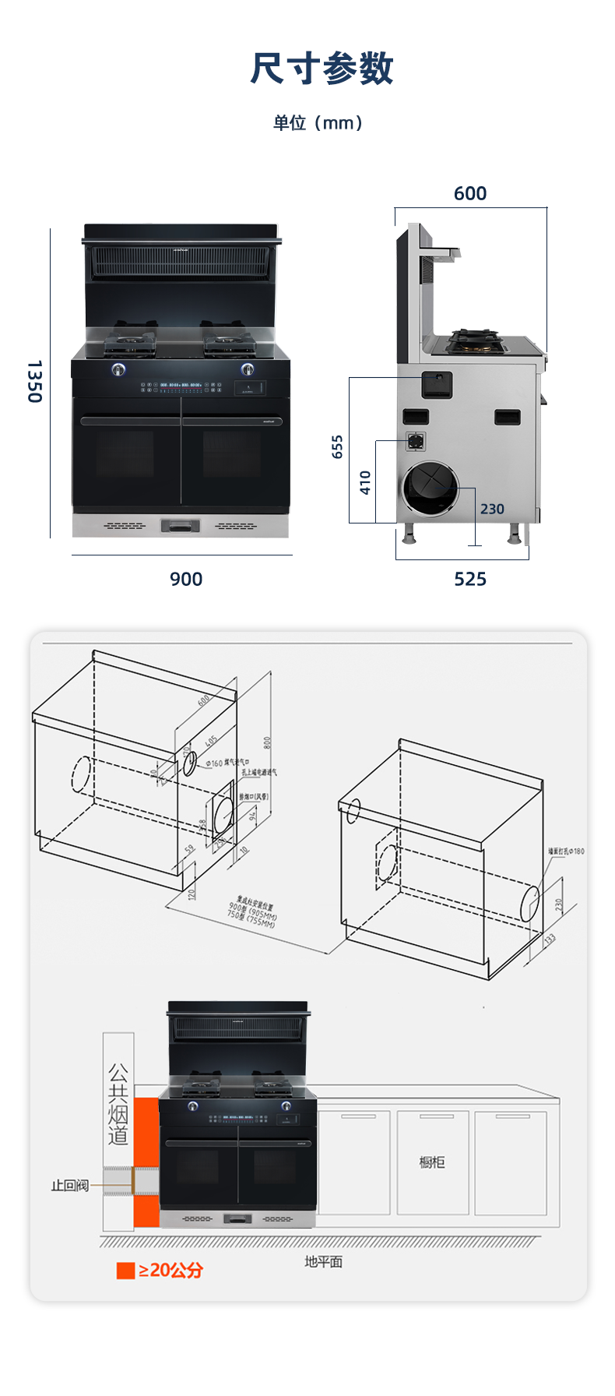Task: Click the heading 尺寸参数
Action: pyautogui.click(x=322, y=69)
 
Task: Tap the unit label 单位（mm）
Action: pyautogui.click(x=318, y=123)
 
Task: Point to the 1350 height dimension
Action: pyautogui.click(x=34, y=381)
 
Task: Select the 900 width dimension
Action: pyautogui.click(x=186, y=579)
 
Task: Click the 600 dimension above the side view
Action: pyautogui.click(x=470, y=193)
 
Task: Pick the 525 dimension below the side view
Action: pyautogui.click(x=470, y=579)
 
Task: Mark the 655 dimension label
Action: pyautogui.click(x=337, y=446)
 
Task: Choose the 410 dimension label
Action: pyautogui.click(x=365, y=483)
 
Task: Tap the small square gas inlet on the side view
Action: pyautogui.click(x=416, y=441)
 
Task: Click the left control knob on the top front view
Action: pyautogui.click(x=118, y=369)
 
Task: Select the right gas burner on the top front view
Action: pyautogui.click(x=227, y=341)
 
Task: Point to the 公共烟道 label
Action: pyautogui.click(x=118, y=1104)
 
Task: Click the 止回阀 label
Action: pyautogui.click(x=70, y=1186)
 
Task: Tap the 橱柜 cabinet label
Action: pyautogui.click(x=432, y=1162)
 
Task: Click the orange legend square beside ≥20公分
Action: pyautogui.click(x=125, y=1271)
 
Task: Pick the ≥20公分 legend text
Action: pyautogui.click(x=171, y=1271)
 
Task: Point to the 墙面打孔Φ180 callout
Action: pyautogui.click(x=566, y=851)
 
